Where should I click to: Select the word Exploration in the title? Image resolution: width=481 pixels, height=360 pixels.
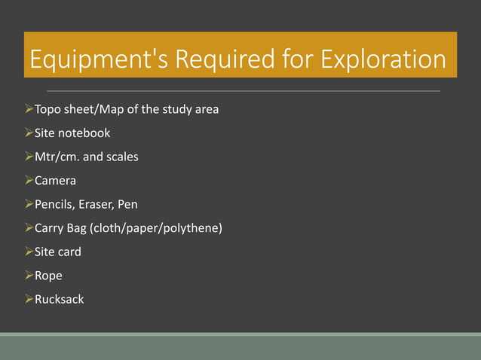(x=384, y=59)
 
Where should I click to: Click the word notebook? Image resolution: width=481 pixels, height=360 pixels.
(x=85, y=133)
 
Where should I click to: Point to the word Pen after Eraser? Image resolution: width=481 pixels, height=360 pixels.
(x=128, y=204)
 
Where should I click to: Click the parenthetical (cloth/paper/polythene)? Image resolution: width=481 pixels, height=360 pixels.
(x=157, y=228)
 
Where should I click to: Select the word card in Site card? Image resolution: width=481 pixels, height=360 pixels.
(x=70, y=252)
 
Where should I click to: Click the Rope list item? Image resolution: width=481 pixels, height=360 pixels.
(x=49, y=276)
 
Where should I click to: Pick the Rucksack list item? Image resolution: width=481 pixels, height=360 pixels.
(x=60, y=299)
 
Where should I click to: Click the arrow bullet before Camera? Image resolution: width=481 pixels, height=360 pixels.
(x=29, y=181)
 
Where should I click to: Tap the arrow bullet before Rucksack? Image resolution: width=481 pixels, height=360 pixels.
(x=29, y=299)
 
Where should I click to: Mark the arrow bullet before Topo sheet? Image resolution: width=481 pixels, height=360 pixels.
(x=29, y=109)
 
